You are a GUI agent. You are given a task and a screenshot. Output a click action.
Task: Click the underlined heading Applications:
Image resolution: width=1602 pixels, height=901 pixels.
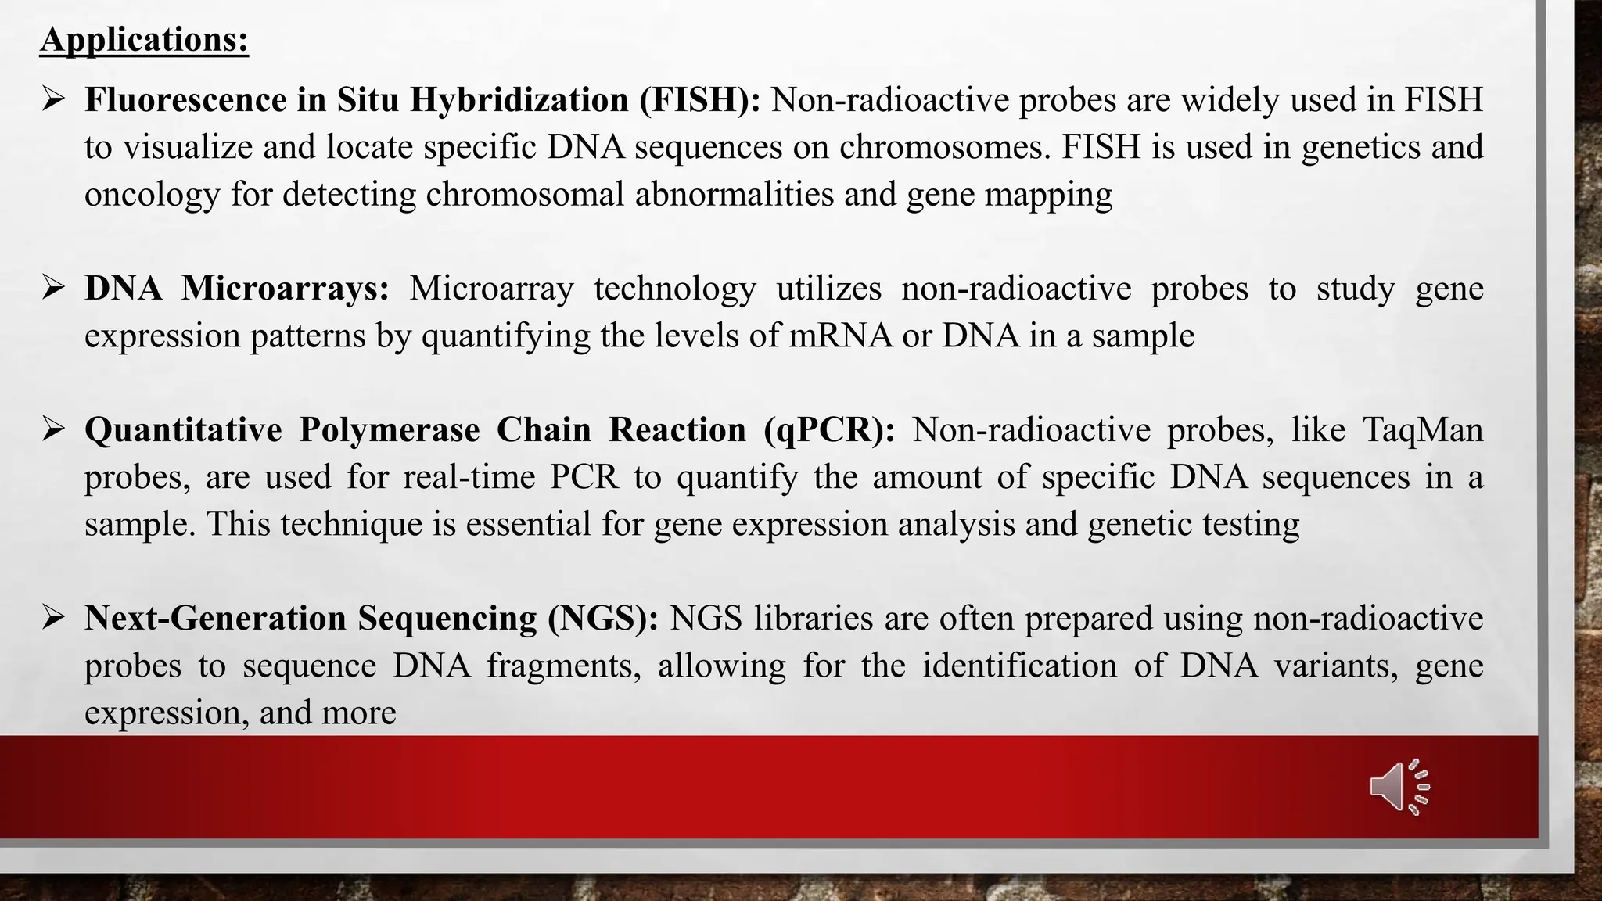pyautogui.click(x=144, y=40)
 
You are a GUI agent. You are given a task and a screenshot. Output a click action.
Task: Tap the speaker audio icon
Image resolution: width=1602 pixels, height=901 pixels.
pyautogui.click(x=1399, y=787)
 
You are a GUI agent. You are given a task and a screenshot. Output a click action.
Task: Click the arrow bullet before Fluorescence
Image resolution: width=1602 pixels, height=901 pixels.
pyautogui.click(x=53, y=99)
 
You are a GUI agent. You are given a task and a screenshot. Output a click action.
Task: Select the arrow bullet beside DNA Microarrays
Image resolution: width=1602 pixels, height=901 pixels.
pyautogui.click(x=53, y=288)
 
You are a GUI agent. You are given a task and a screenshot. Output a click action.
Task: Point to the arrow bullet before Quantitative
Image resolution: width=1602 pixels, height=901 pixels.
pyautogui.click(x=53, y=429)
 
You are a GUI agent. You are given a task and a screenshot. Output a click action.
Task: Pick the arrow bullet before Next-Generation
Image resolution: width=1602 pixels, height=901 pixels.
pyautogui.click(x=53, y=618)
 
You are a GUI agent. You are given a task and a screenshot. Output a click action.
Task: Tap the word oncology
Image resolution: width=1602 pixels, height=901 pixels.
pyautogui.click(x=152, y=195)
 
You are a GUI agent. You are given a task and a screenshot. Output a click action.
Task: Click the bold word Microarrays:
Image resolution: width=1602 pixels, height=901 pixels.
pyautogui.click(x=285, y=289)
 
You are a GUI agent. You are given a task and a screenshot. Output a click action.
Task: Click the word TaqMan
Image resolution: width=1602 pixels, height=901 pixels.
pyautogui.click(x=1422, y=430)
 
